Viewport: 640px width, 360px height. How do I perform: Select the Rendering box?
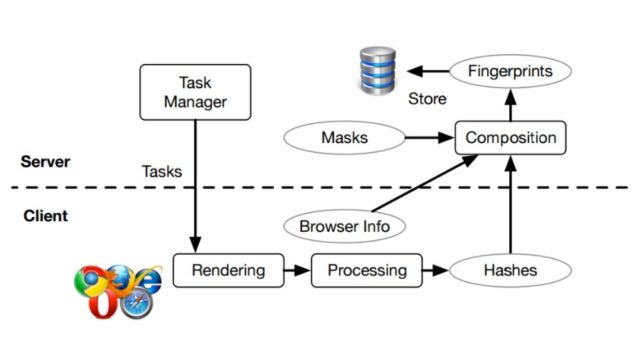[228, 270]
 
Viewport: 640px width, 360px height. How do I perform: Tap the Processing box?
[366, 270]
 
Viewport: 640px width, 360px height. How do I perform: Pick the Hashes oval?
[511, 270]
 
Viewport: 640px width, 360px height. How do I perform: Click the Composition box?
[511, 137]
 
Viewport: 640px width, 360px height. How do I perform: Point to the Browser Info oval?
[344, 226]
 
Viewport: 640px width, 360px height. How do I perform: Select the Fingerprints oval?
[511, 71]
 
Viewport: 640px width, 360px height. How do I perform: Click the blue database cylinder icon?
[380, 72]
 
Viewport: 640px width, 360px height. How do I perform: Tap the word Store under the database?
[427, 99]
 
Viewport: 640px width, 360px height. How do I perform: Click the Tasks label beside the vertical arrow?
[162, 171]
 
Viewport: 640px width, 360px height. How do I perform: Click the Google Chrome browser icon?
[91, 281]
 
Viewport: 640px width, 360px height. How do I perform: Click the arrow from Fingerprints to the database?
[428, 71]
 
